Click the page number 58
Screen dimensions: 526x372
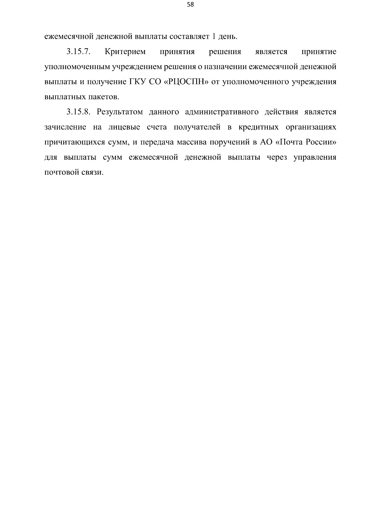pos(190,5)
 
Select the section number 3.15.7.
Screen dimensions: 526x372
pos(78,52)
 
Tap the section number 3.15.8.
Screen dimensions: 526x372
pos(78,112)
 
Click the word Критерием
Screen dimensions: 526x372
pos(125,52)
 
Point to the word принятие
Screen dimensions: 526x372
pos(319,52)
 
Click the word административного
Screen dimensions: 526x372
pos(222,112)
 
